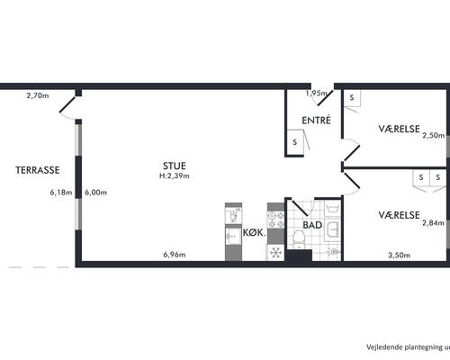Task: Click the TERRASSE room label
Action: tap(38, 170)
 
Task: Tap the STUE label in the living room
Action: tap(175, 166)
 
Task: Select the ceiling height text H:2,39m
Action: tap(175, 176)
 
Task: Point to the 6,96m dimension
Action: tap(175, 255)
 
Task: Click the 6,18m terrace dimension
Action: tap(61, 193)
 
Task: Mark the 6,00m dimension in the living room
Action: tap(95, 193)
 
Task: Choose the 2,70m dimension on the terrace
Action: tap(38, 95)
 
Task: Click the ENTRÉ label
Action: tap(316, 120)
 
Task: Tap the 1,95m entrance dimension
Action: tap(317, 94)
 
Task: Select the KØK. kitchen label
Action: tap(255, 232)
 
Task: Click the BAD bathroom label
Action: tap(312, 225)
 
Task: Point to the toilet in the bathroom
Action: tap(299, 239)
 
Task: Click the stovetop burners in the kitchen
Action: tap(275, 220)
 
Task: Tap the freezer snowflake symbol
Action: tap(275, 253)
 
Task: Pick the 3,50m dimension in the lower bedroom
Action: tap(399, 256)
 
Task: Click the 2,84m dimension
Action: tap(433, 223)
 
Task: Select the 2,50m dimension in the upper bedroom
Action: tap(434, 135)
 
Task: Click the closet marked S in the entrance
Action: tap(295, 142)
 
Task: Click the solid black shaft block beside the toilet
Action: tap(299, 256)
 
